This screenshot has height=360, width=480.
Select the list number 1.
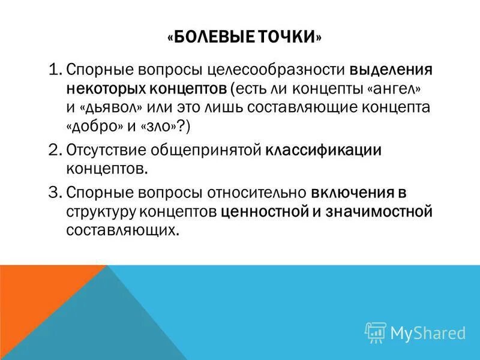point(56,70)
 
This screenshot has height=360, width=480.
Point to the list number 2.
point(56,149)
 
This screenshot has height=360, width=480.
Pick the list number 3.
point(56,193)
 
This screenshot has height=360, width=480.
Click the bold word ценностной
point(263,212)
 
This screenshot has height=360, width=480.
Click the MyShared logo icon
point(375,332)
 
